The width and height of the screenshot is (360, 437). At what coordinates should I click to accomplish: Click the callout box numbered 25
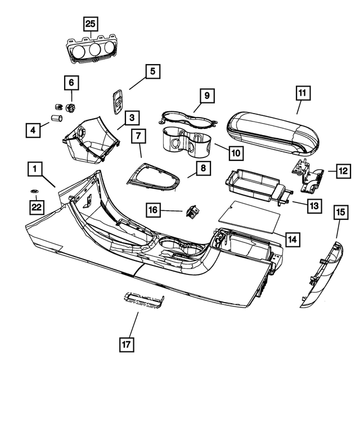click(x=91, y=24)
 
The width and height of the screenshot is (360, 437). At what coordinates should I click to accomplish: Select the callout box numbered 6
click(x=71, y=83)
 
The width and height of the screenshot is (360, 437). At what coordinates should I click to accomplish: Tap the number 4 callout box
click(x=33, y=131)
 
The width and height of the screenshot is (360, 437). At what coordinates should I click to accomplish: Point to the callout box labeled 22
click(x=37, y=208)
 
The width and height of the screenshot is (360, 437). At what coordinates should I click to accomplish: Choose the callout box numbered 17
click(x=127, y=344)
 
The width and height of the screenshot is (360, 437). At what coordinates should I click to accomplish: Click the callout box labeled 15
click(x=340, y=212)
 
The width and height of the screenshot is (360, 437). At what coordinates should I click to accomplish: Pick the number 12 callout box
click(x=343, y=170)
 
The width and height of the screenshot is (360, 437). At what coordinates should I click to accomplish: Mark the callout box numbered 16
click(x=153, y=210)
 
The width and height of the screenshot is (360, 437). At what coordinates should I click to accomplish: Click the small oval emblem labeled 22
click(x=34, y=192)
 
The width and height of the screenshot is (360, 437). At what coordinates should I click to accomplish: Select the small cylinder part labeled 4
click(x=56, y=119)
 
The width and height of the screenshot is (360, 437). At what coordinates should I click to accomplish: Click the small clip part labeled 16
click(x=192, y=211)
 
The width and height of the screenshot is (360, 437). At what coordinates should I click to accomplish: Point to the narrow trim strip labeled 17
click(x=143, y=299)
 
